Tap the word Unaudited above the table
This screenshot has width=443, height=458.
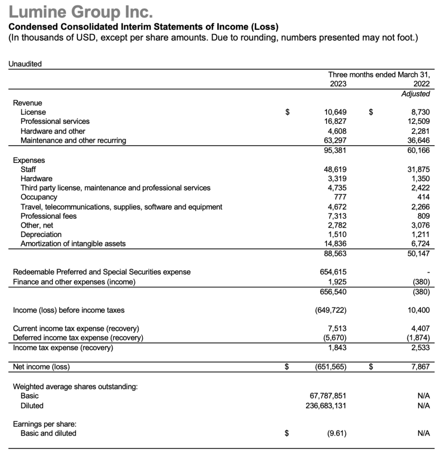point(25,64)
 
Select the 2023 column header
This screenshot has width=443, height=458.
point(338,84)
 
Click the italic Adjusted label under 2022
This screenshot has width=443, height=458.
point(415,94)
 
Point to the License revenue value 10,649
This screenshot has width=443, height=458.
point(335,112)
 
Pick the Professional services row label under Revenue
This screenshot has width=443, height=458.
point(55,122)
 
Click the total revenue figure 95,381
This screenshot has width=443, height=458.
point(335,150)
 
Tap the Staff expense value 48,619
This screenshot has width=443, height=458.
point(335,170)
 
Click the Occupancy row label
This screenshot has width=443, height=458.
point(39,197)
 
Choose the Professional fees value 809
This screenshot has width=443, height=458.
point(422,216)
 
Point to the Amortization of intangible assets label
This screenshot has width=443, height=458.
point(73,244)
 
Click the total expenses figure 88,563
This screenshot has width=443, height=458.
point(335,254)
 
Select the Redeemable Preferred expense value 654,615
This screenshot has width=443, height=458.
point(334,272)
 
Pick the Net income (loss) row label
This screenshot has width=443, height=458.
point(42,367)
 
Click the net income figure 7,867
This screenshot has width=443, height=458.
point(420,367)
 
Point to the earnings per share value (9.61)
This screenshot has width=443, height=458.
point(335,433)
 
